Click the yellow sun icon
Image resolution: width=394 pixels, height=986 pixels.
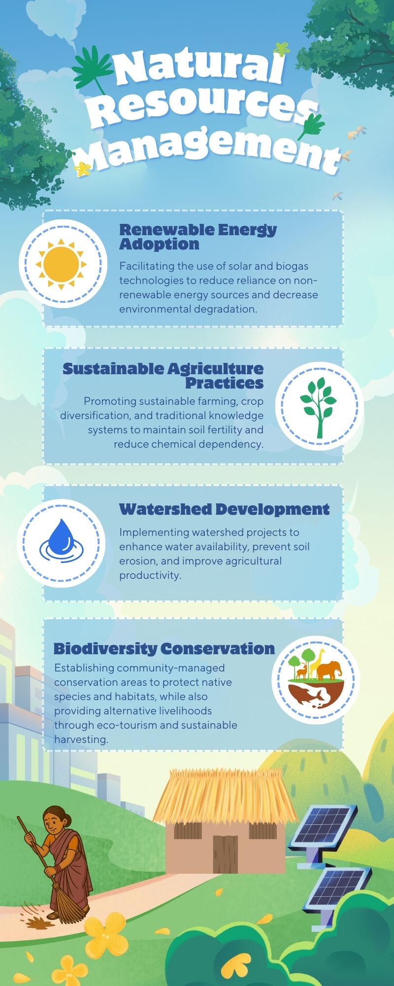click(x=61, y=264)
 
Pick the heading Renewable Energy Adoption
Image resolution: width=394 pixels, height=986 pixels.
click(x=198, y=237)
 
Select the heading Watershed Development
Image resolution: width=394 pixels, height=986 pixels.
click(x=224, y=509)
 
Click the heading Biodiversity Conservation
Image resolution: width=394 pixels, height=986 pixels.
click(x=164, y=648)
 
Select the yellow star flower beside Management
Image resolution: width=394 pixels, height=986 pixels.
click(x=82, y=169)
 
